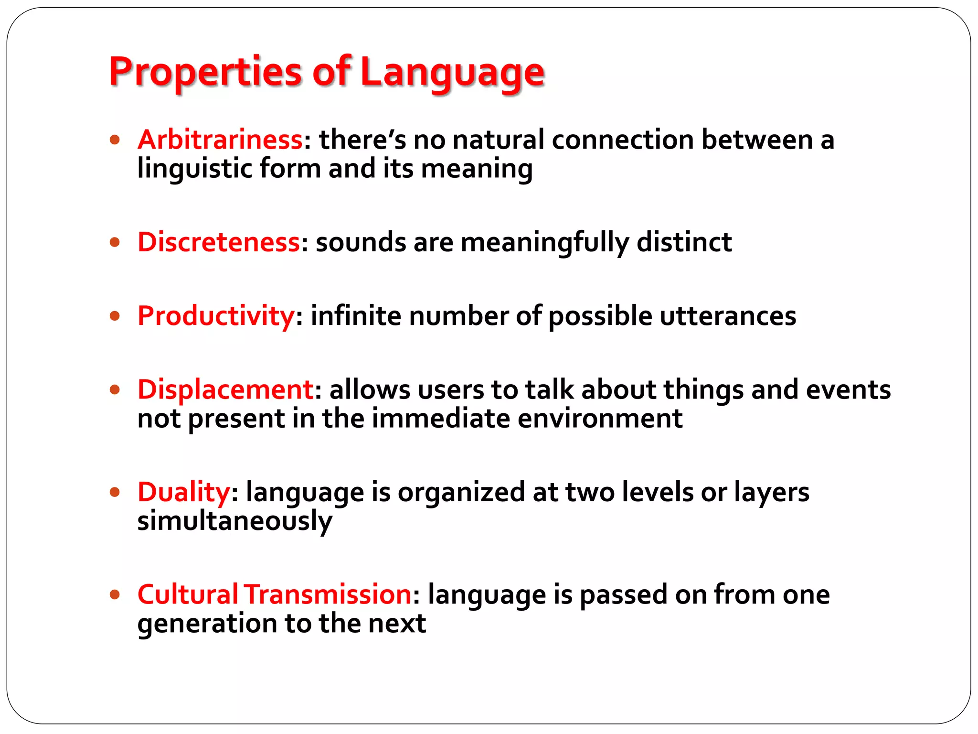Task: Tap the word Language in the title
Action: pos(452,73)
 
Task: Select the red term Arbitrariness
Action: pos(220,140)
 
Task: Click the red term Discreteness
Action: pos(219,242)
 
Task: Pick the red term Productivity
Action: pos(216,316)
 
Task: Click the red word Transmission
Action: pos(328,594)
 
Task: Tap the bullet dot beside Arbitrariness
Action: pos(115,140)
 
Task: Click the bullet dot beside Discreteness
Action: pos(115,242)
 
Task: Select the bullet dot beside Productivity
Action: pos(115,316)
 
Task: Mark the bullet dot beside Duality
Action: pos(115,492)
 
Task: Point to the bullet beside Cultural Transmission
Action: pos(115,595)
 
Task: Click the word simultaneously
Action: pos(234,521)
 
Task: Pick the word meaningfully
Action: pos(545,243)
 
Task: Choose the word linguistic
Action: pos(194,169)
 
